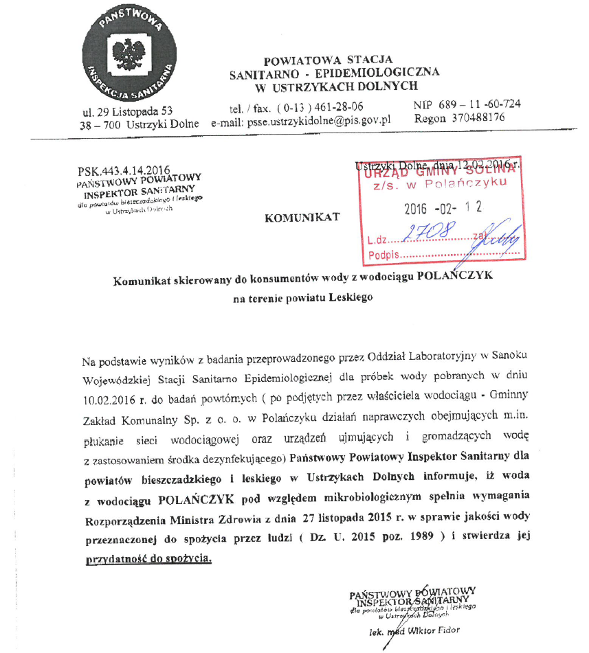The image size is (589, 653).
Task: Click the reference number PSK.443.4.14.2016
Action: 124,169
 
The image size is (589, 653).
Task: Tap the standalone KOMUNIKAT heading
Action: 302,218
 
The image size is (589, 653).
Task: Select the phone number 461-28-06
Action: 340,106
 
